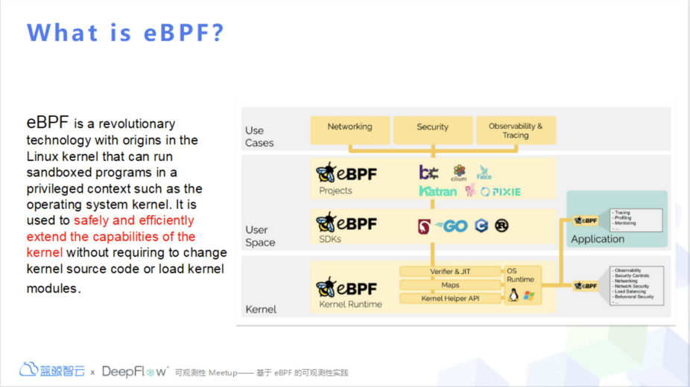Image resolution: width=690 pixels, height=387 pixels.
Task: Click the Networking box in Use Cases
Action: coord(350,130)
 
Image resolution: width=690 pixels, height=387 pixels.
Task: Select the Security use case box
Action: coord(433,130)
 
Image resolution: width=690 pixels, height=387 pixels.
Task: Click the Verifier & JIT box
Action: coord(450,272)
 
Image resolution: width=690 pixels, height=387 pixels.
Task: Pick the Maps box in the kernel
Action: coord(450,285)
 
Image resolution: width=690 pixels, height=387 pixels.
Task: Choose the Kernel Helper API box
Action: coord(450,298)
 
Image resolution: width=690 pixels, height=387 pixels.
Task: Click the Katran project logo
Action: coord(438,191)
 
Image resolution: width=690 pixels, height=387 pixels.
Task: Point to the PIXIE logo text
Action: coord(501,192)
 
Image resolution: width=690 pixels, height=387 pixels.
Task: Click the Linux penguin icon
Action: coord(513,295)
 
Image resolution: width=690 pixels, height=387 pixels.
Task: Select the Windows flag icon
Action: coord(529,295)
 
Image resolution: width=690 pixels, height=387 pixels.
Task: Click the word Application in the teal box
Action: coord(598,239)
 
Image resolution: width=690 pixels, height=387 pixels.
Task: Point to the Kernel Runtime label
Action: coord(350,304)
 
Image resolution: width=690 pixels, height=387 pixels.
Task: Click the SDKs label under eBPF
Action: coord(331,239)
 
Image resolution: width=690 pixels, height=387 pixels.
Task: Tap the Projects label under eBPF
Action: coord(335,191)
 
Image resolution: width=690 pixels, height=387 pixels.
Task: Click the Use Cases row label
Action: coord(259,136)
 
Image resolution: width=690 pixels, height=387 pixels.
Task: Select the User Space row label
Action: coord(260,236)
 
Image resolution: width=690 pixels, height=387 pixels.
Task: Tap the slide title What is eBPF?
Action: coord(125,33)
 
